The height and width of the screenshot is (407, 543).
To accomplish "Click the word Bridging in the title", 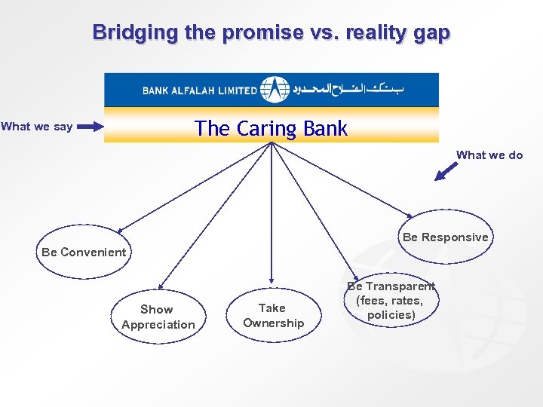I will coord(133,32).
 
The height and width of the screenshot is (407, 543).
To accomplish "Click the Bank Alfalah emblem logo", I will coord(275,89).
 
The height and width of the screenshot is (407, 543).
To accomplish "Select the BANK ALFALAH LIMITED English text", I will coord(200,90).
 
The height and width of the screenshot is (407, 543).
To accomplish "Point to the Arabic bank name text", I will coord(359,90).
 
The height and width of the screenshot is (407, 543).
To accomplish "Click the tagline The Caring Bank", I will coord(271,128).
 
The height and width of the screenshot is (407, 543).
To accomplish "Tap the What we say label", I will coord(37,127).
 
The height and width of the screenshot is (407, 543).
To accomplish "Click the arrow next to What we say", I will coord(90,127).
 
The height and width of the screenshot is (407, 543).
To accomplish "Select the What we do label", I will coord(489,155).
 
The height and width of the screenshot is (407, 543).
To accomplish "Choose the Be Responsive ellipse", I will coord(445,237).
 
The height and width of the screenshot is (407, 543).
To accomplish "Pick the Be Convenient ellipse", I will coord(84,252).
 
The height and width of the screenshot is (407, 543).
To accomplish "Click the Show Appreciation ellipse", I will coord(157,317).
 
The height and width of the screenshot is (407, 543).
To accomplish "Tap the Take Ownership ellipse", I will coord(273,315).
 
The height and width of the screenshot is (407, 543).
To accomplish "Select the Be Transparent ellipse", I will coord(391,300).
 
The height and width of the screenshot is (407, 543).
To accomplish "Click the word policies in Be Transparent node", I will coord(391,314).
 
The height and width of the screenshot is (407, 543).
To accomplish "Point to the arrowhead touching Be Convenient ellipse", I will coord(120,229).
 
